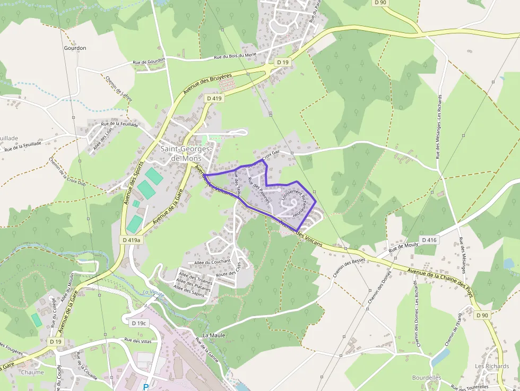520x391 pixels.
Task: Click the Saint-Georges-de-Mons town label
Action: [186, 153]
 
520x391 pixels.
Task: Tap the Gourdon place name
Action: [75, 48]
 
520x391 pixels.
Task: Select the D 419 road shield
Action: [214, 98]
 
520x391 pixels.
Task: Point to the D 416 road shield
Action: [429, 240]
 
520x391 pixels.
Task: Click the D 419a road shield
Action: [131, 240]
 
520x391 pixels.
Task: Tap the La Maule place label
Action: [214, 335]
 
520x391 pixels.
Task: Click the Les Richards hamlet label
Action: [492, 366]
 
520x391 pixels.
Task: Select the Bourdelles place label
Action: [427, 378]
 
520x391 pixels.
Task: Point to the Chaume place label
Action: [32, 372]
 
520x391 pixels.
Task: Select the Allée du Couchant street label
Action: [212, 262]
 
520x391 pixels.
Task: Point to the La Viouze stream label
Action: [153, 292]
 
